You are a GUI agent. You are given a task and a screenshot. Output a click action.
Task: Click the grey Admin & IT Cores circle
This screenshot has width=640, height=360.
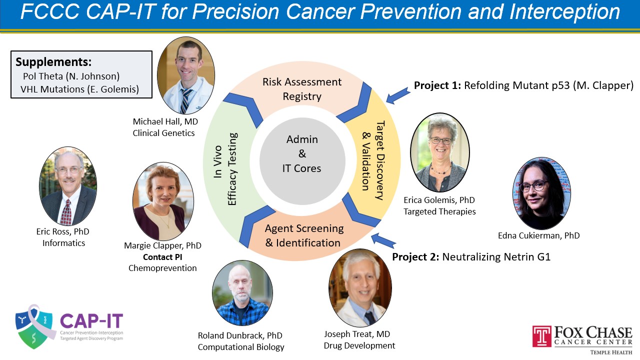(x=302, y=161)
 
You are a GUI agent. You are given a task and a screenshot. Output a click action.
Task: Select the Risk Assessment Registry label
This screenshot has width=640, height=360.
(x=302, y=89)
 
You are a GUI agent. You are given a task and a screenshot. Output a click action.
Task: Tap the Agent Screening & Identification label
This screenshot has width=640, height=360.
(x=303, y=235)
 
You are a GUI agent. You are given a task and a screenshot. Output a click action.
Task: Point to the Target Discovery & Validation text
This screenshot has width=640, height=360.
(x=373, y=160)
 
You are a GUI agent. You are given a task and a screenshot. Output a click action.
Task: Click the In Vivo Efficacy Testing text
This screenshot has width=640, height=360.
(x=225, y=168)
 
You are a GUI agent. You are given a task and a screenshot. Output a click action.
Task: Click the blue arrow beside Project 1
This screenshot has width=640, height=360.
(x=398, y=95)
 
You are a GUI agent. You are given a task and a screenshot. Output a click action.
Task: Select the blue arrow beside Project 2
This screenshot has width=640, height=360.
(x=383, y=240)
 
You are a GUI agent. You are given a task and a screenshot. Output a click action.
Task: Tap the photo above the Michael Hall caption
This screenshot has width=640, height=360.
(x=186, y=75)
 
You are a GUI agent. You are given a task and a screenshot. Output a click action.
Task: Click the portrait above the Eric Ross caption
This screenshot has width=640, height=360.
(x=68, y=186)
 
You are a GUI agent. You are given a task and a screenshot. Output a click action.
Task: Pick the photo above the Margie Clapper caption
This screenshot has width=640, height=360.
(x=163, y=201)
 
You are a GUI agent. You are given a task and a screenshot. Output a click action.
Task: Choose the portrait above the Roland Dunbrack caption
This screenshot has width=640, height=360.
(x=242, y=293)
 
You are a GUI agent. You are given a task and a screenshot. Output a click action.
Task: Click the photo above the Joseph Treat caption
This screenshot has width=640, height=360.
(x=360, y=287)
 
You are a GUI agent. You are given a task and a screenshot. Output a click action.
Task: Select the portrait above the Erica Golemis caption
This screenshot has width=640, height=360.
(x=440, y=152)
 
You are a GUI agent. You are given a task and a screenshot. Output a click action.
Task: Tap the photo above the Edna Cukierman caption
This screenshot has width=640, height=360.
(x=541, y=193)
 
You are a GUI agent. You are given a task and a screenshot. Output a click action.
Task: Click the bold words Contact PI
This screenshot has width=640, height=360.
(x=162, y=257)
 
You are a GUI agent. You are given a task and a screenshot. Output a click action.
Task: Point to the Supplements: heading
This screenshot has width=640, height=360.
(x=53, y=61)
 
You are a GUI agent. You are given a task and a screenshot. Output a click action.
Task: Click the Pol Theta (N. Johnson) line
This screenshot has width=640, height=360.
(x=71, y=76)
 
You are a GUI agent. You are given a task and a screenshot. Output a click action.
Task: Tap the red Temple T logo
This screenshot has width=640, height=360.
(x=541, y=336)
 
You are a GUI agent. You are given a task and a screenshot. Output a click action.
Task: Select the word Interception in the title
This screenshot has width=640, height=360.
(x=564, y=12)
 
